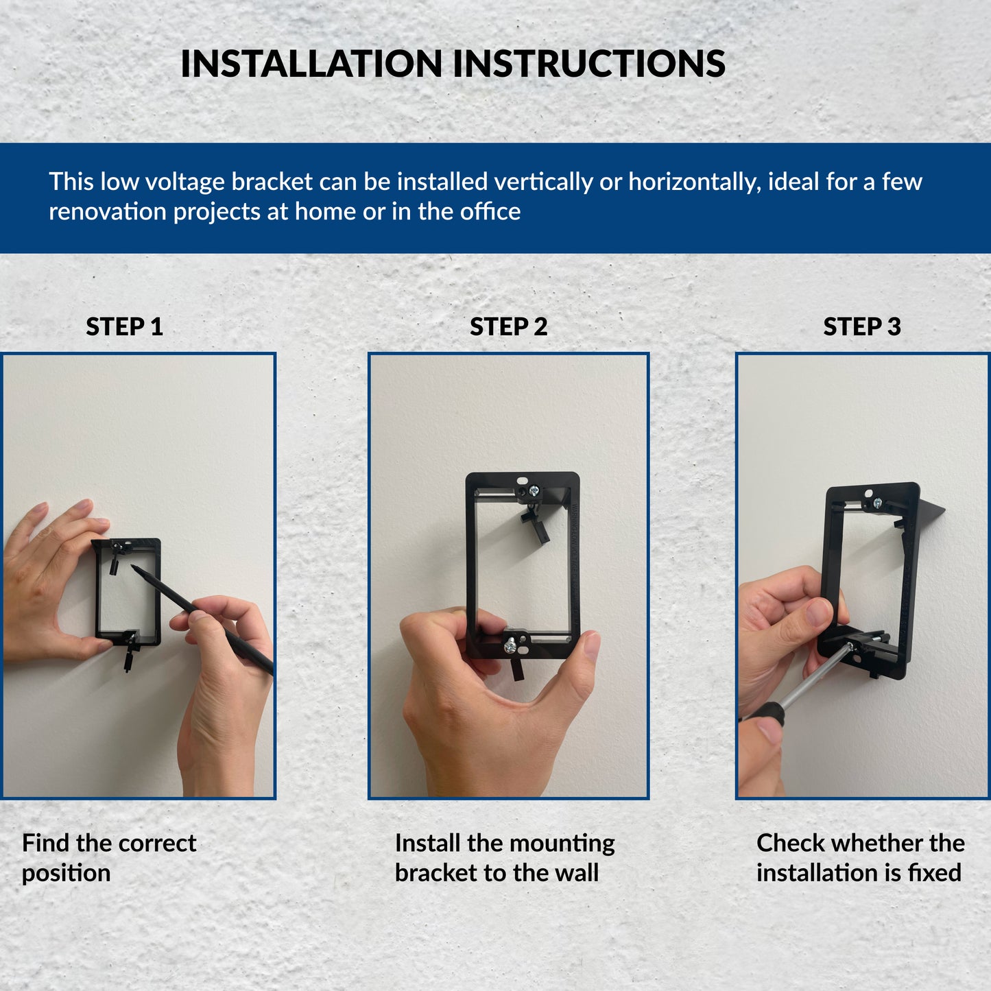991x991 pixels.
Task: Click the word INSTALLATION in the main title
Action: (311, 64)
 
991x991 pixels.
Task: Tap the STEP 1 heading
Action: (125, 326)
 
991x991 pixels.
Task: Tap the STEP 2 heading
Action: (508, 326)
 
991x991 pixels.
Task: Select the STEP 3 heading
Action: (862, 326)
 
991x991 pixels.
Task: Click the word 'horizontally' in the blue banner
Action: (694, 182)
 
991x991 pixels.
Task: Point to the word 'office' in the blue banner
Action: (490, 212)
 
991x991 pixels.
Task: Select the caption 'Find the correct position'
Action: (108, 857)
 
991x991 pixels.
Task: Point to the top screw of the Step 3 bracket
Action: (877, 503)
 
